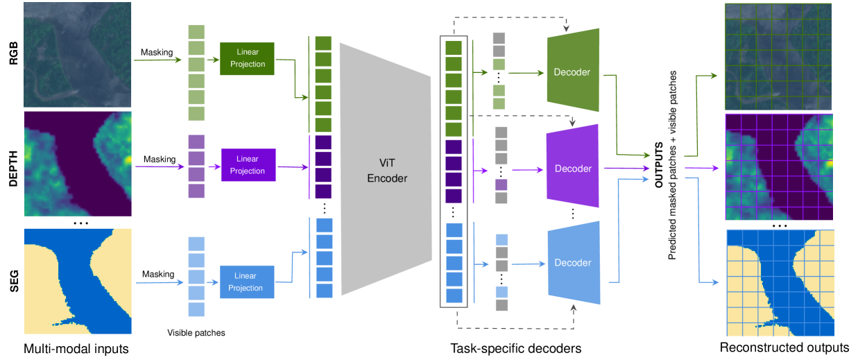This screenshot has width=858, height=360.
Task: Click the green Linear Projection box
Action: (x=247, y=59)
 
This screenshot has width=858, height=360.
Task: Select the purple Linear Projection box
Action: (x=248, y=165)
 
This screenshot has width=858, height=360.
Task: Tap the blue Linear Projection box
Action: (x=247, y=282)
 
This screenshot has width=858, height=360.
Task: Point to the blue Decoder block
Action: (x=573, y=263)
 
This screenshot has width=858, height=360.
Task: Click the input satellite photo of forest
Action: (x=78, y=55)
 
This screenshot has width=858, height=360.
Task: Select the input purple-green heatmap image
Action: (x=78, y=164)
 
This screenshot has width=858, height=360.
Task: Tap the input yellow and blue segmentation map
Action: (x=78, y=281)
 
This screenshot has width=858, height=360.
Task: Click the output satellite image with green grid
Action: (x=778, y=56)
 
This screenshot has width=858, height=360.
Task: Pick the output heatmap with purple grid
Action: (x=778, y=167)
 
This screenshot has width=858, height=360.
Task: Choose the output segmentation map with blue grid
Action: (x=780, y=282)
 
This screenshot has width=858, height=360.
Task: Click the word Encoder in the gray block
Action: (x=387, y=178)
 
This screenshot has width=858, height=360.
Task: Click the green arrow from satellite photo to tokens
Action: (x=160, y=60)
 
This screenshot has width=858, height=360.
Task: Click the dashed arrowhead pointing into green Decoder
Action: (x=567, y=30)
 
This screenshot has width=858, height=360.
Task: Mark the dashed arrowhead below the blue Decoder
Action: (x=574, y=308)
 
